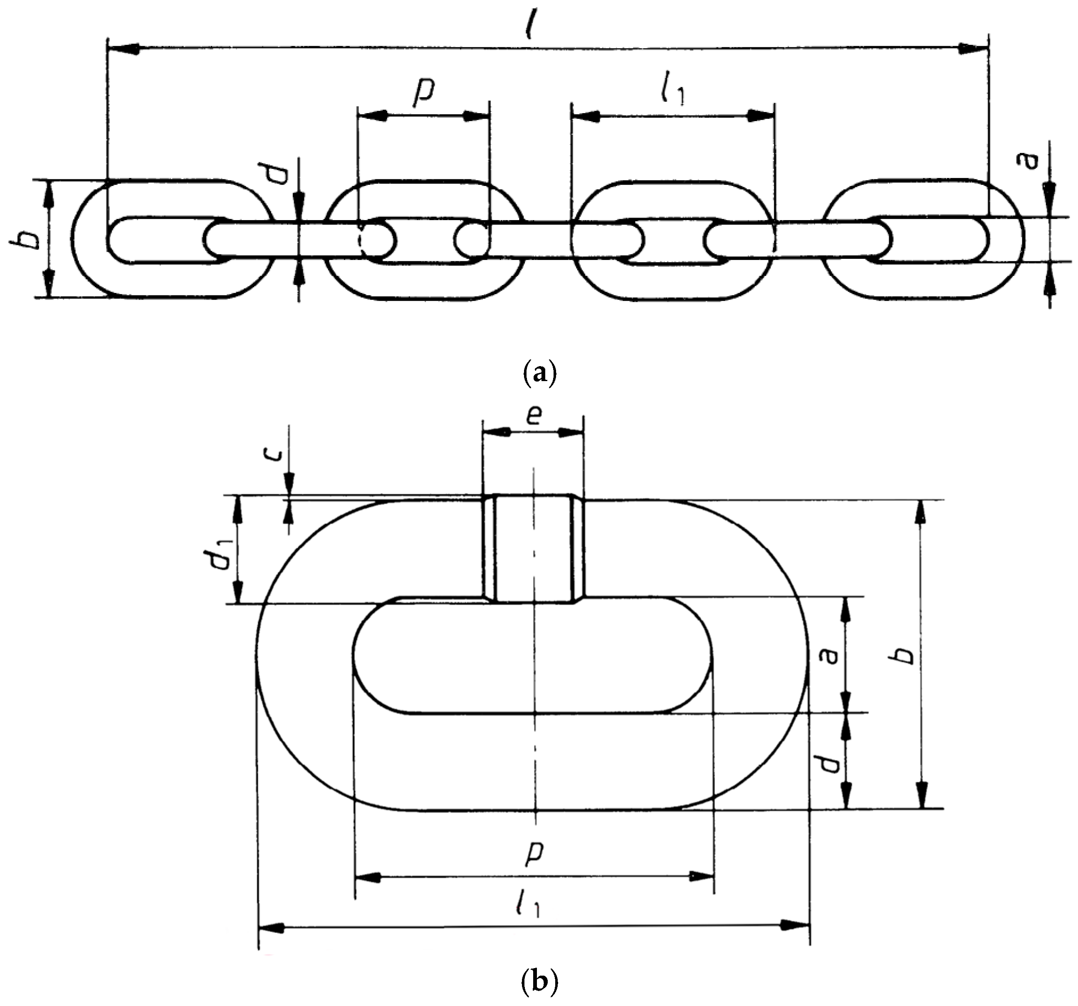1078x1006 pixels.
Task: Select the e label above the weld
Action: click(x=534, y=415)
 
